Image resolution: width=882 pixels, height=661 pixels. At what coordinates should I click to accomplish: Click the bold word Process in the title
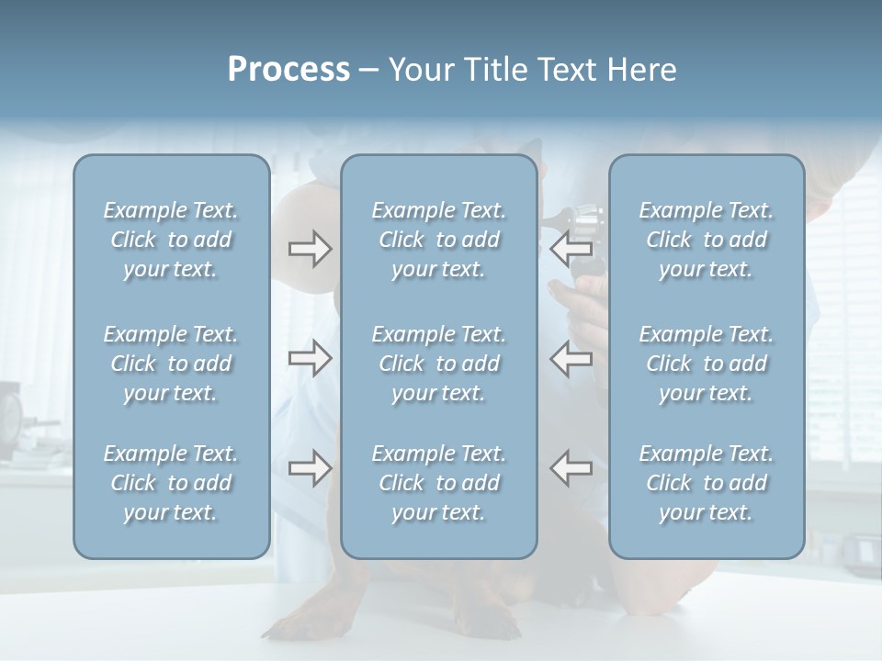(x=288, y=70)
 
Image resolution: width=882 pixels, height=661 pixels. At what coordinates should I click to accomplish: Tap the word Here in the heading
(x=641, y=70)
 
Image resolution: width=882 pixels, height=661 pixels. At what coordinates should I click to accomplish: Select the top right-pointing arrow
(x=310, y=249)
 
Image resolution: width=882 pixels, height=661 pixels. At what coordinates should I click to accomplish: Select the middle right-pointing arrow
(x=310, y=358)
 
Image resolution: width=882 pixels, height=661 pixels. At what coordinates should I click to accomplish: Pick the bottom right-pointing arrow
(x=310, y=468)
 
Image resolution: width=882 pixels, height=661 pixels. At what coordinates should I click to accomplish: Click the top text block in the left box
(x=171, y=240)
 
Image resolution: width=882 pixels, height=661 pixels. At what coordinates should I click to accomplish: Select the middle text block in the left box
(x=171, y=364)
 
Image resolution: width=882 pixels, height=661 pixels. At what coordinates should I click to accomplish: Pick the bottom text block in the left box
(x=171, y=483)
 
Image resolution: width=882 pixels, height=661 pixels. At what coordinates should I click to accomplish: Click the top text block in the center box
(x=439, y=240)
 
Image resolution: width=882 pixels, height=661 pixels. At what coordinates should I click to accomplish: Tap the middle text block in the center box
(x=439, y=364)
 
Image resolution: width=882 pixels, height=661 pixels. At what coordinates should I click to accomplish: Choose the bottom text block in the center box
(x=439, y=483)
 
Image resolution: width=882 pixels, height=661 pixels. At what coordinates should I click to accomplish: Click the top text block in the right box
(x=707, y=240)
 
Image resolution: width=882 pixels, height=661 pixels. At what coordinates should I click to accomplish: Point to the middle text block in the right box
(x=707, y=364)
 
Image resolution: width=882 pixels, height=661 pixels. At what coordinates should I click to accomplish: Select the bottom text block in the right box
(x=707, y=483)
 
